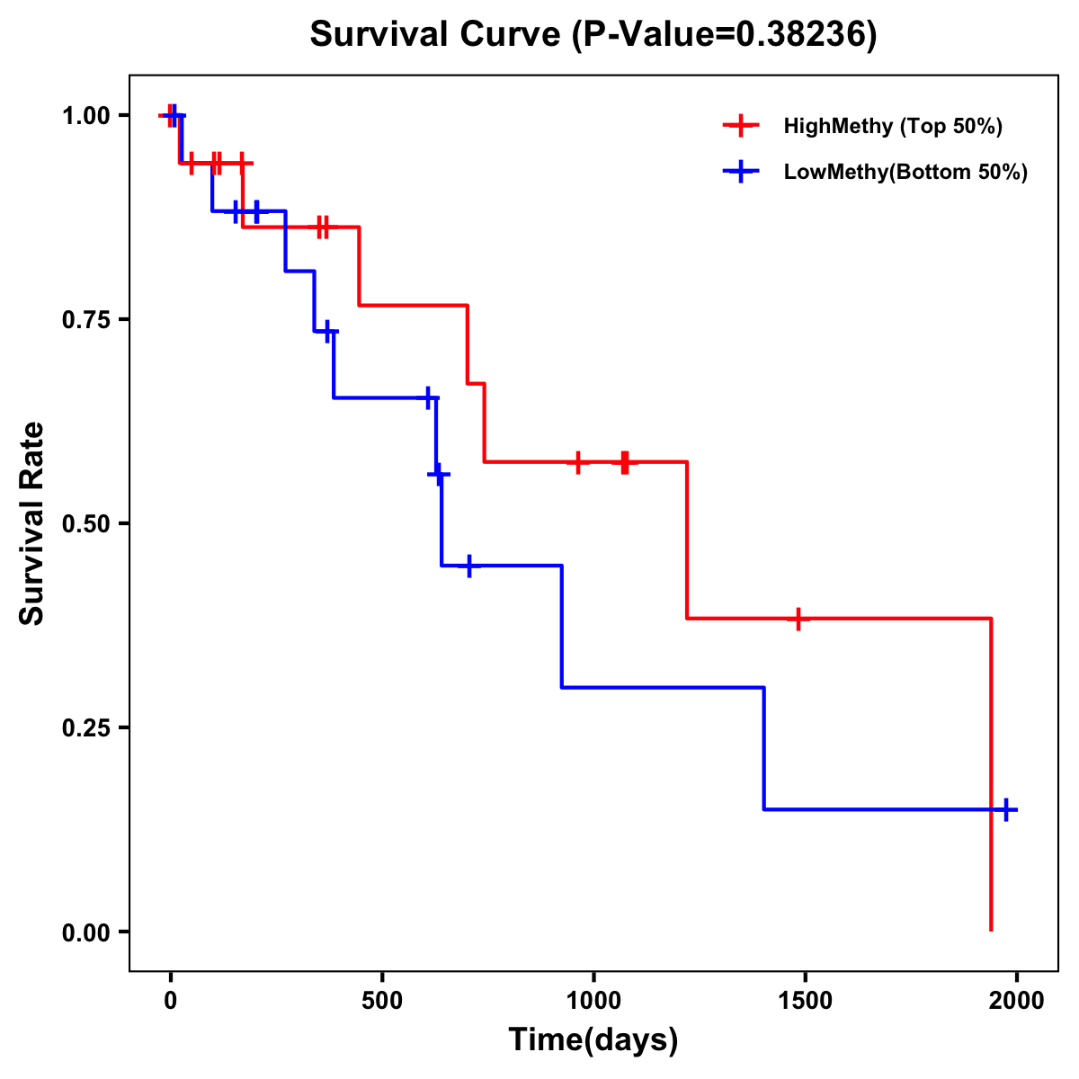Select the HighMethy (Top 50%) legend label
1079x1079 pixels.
(x=893, y=126)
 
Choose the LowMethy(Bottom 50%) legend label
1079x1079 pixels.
(x=905, y=172)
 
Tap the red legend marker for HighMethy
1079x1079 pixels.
(x=741, y=126)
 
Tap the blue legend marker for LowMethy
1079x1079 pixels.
(x=741, y=172)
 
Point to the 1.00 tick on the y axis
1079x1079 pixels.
(x=85, y=115)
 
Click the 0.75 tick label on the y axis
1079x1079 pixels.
(x=85, y=319)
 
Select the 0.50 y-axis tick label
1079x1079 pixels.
(x=85, y=523)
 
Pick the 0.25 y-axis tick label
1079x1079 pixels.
(x=85, y=727)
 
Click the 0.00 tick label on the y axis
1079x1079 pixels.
(x=85, y=932)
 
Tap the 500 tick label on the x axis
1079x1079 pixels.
(x=382, y=1001)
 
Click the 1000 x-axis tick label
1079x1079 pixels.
(x=593, y=1001)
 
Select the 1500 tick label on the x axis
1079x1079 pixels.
(x=805, y=1001)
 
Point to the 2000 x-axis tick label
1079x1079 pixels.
(x=1016, y=1001)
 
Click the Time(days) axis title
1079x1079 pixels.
(x=593, y=1039)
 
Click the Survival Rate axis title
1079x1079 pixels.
(x=32, y=523)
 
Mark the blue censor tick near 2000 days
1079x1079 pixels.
(x=1006, y=809)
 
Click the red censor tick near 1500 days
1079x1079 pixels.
(x=798, y=619)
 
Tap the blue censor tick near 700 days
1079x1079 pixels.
(x=468, y=566)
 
